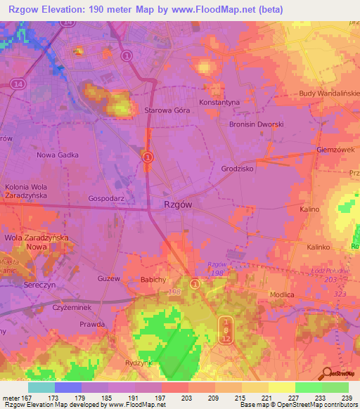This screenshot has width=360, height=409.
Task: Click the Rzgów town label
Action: click(x=178, y=204)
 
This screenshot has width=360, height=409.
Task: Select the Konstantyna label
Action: click(x=220, y=102)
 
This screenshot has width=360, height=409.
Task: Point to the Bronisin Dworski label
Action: click(x=257, y=124)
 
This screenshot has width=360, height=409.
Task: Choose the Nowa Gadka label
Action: click(x=58, y=155)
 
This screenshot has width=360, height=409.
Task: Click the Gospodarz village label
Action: click(x=106, y=199)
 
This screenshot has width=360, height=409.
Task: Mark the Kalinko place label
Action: click(x=319, y=247)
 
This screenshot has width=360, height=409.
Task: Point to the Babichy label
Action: click(x=153, y=280)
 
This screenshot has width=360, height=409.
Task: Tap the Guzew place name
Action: click(x=109, y=279)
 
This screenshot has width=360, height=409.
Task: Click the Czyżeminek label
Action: click(x=73, y=308)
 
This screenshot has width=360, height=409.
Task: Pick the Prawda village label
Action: click(x=92, y=324)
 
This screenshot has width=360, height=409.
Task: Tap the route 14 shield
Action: click(x=17, y=83)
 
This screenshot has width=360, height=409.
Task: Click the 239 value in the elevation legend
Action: click(x=345, y=398)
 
